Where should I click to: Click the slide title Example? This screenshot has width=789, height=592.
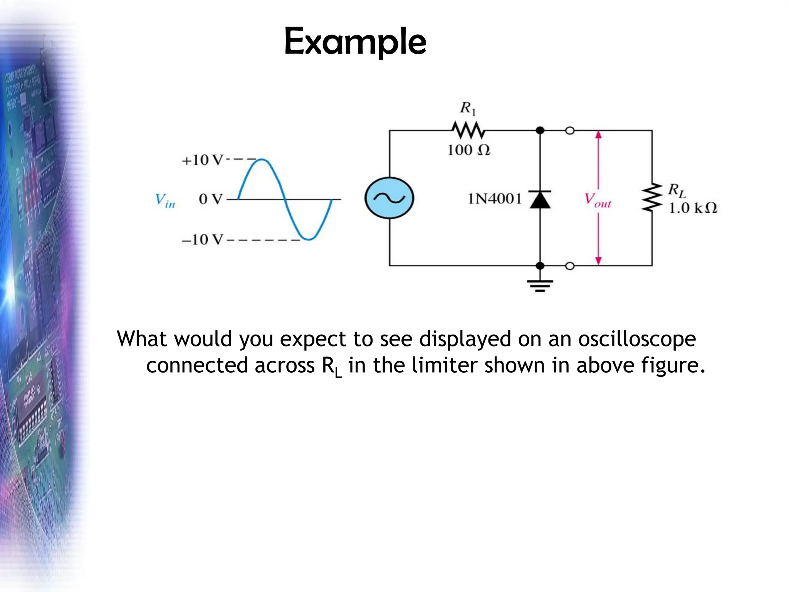(x=355, y=42)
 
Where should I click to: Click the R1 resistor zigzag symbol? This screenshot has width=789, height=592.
(x=468, y=130)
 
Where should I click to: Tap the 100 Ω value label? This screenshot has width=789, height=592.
(x=468, y=150)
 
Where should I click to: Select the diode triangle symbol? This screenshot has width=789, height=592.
(x=540, y=200)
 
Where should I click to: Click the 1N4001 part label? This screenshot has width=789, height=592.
(x=495, y=199)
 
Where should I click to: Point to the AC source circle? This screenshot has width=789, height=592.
(x=389, y=198)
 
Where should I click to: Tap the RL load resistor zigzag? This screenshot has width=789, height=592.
(x=652, y=198)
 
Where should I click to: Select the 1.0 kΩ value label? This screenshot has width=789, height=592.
(x=693, y=208)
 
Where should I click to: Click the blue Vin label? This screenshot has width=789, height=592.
(x=165, y=200)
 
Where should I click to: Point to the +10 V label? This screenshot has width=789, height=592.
(x=202, y=160)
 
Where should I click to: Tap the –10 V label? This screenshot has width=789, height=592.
(x=202, y=240)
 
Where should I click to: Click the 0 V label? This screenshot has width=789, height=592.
(x=210, y=199)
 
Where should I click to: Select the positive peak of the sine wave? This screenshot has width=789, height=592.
(x=262, y=159)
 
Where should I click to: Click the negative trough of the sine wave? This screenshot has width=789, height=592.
(x=308, y=239)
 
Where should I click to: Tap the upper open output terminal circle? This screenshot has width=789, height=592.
(x=570, y=131)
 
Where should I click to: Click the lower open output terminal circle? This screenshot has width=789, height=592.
(x=570, y=266)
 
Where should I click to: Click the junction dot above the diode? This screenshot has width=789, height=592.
(x=540, y=131)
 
